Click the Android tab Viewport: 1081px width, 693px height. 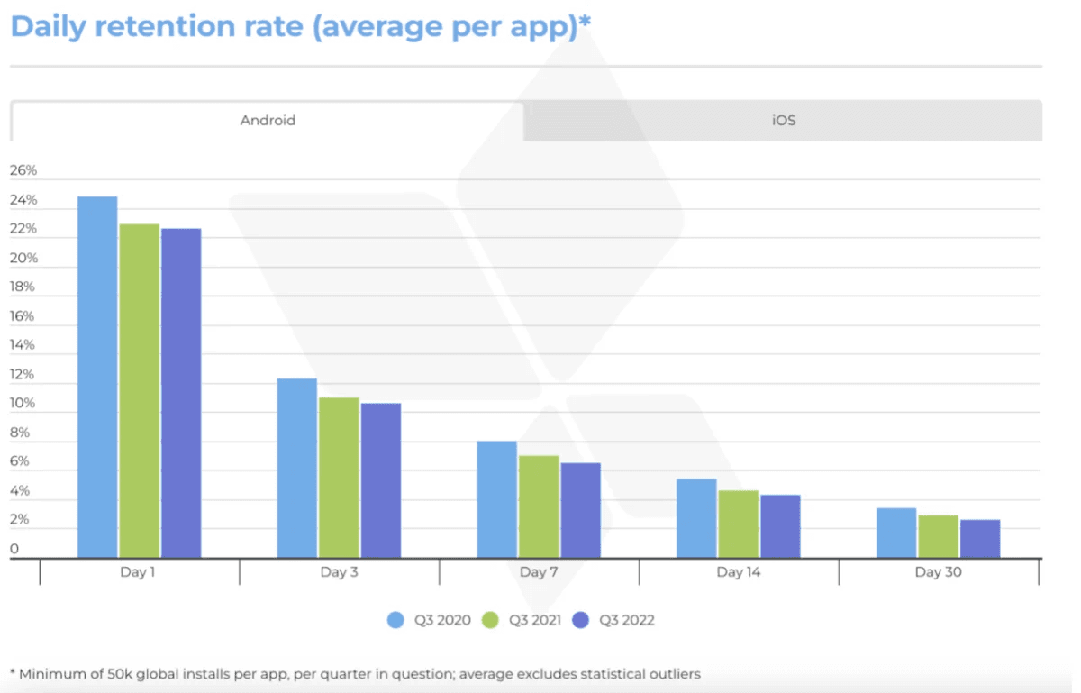point(268,120)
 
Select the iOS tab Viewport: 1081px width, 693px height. point(783,120)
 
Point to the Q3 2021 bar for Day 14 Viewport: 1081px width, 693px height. point(738,524)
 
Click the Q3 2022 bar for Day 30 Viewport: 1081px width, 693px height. point(980,538)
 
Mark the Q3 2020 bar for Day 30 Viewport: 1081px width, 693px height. point(896,533)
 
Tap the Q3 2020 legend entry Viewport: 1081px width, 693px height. point(431,620)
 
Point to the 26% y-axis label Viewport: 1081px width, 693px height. point(23,170)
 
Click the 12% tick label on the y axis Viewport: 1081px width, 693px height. point(23,374)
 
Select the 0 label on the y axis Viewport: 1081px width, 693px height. point(14,549)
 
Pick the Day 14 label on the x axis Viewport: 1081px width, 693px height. point(739,572)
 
